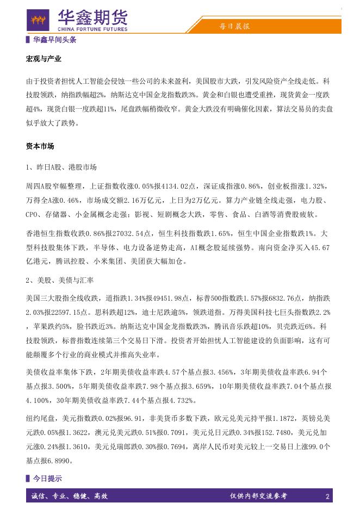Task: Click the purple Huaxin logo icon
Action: pos(38,21)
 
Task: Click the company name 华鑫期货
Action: pos(92,17)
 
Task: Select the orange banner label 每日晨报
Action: pos(234,26)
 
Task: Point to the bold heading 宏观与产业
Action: pos(44,59)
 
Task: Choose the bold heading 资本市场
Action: pos(40,146)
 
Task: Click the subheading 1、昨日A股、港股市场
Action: pos(61,166)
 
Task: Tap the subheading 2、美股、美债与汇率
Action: pos(60,280)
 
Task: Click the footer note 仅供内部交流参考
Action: pos(258,496)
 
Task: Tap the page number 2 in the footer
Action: pos(327,496)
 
